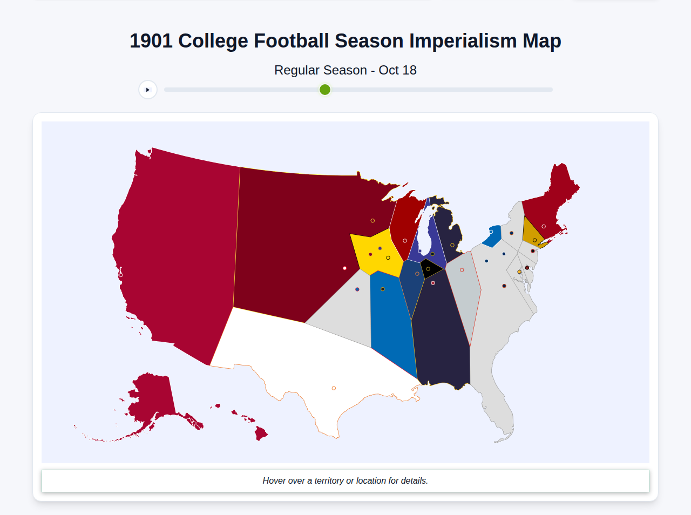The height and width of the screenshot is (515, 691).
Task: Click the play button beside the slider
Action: (x=148, y=90)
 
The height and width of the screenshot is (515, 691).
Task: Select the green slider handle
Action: (x=325, y=90)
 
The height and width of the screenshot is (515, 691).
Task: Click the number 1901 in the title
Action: (x=151, y=41)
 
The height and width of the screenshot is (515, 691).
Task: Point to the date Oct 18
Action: (x=397, y=70)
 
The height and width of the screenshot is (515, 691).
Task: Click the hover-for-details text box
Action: (x=345, y=481)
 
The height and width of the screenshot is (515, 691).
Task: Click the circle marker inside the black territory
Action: (x=428, y=269)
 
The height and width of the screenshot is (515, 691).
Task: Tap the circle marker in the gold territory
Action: (x=535, y=240)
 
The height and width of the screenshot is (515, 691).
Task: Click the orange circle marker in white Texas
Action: (x=334, y=388)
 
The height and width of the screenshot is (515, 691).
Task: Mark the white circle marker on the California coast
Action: (x=121, y=275)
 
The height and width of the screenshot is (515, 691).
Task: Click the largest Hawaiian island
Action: (x=261, y=433)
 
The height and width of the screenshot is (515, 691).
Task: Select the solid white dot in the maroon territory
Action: (x=345, y=268)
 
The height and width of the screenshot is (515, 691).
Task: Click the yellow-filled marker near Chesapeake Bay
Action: (x=519, y=272)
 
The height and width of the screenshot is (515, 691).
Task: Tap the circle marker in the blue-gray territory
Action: (x=462, y=270)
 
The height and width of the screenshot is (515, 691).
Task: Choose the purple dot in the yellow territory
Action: (x=380, y=248)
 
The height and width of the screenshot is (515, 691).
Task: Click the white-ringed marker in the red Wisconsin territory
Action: (x=405, y=241)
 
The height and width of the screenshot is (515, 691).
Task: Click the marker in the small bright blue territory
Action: (x=491, y=232)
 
